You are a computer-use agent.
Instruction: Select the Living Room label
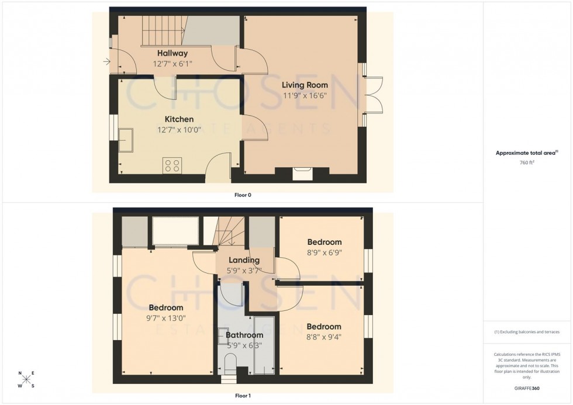pos(305,85)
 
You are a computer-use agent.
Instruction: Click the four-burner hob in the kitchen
pos(172,165)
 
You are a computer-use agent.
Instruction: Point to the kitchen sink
pos(125,140)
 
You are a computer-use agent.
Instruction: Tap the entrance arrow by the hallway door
pos(106,61)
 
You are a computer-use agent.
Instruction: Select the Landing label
pos(244,261)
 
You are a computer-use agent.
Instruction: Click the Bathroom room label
pos(244,335)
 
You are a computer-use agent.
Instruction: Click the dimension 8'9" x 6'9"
pos(324,253)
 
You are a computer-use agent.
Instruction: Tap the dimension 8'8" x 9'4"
pos(324,337)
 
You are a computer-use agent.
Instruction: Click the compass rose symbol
pos(26,379)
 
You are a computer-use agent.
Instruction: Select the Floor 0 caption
pos(243,195)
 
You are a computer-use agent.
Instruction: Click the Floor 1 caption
pos(243,396)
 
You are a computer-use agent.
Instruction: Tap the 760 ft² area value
pos(527,162)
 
